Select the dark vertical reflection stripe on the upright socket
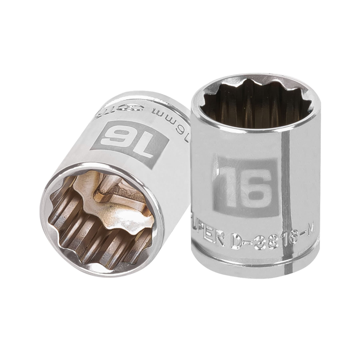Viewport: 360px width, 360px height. coord(286,187)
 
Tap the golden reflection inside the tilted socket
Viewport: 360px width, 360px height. coord(122,216)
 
